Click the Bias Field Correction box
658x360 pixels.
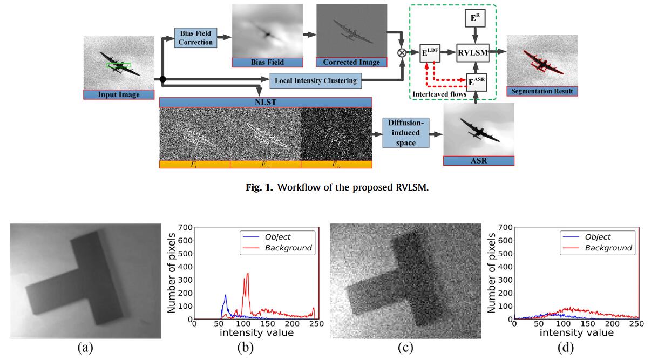[x=196, y=37]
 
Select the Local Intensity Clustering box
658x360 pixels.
[x=315, y=81]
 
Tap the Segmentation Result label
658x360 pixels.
[x=542, y=91]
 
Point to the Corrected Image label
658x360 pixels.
[x=351, y=62]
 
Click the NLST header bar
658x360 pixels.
[x=266, y=102]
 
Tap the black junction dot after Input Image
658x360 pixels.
[x=162, y=79]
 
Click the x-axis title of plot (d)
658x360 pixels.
[x=576, y=333]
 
